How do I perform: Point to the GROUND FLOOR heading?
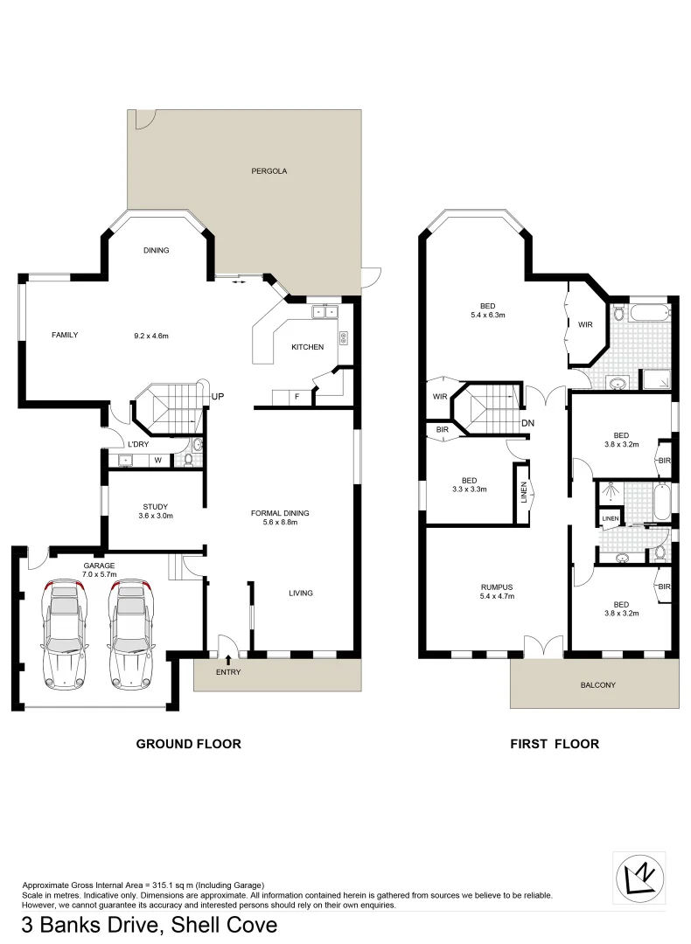188,744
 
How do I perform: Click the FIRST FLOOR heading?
555,744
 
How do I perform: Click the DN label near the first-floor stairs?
527,423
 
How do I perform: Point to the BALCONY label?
598,685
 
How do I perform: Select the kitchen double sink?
325,311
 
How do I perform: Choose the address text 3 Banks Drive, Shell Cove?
150,925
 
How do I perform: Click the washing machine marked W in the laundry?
158,460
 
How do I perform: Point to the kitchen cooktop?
344,337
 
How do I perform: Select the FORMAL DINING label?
280,513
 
